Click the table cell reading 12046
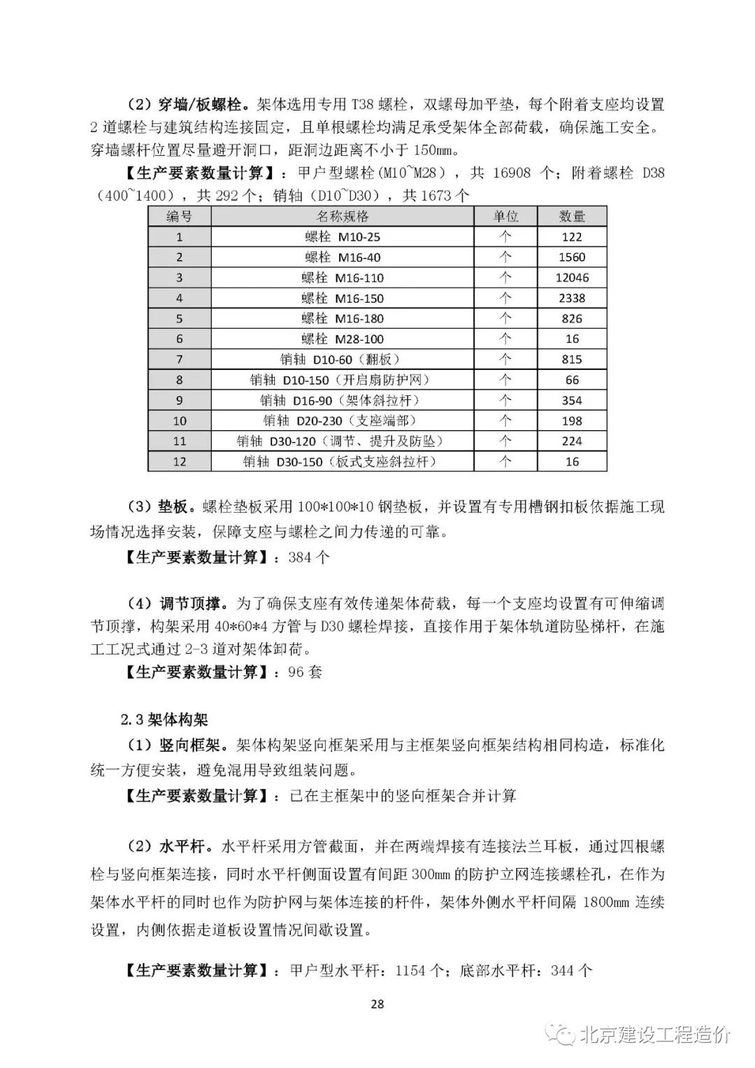point(572,278)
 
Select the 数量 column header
point(572,216)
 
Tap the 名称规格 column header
point(343,216)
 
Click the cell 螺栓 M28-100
point(343,339)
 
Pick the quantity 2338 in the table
point(572,298)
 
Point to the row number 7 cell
point(179,359)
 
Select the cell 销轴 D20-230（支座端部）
point(343,421)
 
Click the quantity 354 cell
point(572,401)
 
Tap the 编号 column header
point(179,216)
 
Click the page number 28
point(377,1004)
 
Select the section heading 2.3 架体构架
point(164,719)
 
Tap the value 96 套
point(306,672)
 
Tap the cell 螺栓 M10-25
point(343,237)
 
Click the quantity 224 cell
point(572,441)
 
